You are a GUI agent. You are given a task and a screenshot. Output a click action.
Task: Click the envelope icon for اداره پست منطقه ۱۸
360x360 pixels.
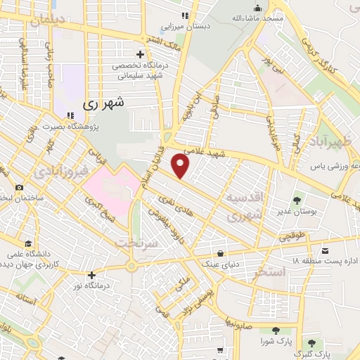(325, 250)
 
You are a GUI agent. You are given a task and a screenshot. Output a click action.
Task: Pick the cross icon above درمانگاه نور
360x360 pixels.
(91, 274)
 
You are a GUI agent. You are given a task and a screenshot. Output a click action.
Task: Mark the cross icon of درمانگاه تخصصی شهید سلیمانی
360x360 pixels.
(140, 54)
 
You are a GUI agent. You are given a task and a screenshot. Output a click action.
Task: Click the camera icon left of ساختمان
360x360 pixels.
(19, 188)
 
